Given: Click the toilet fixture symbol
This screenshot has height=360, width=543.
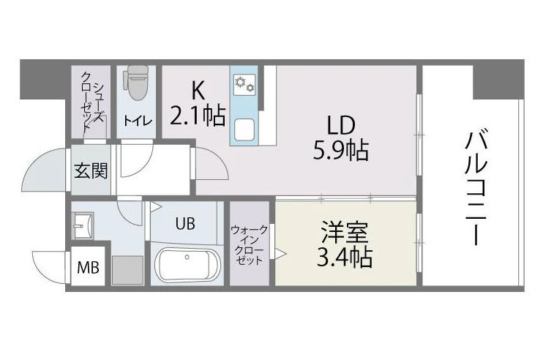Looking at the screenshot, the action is click(136, 83).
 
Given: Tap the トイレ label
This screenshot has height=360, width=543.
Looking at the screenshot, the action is click(138, 121).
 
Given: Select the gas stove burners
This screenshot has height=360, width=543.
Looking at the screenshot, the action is click(244, 85).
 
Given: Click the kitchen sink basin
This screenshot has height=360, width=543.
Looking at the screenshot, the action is click(244, 130).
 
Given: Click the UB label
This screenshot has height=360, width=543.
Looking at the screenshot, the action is click(185, 224).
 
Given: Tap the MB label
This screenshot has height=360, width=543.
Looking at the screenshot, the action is click(88, 267).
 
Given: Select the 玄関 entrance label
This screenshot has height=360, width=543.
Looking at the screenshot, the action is click(91, 170).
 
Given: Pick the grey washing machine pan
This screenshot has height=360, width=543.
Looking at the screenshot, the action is click(127, 270).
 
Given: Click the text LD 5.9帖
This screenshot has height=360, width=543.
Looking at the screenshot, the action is click(341, 138).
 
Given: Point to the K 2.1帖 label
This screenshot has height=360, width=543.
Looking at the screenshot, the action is click(198, 103).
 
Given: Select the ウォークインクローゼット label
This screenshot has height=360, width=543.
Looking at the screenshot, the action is click(249, 244).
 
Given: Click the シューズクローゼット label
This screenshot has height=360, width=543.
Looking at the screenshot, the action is click(92, 100).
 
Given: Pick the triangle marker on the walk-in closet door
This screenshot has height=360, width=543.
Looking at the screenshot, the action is click(280, 253).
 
